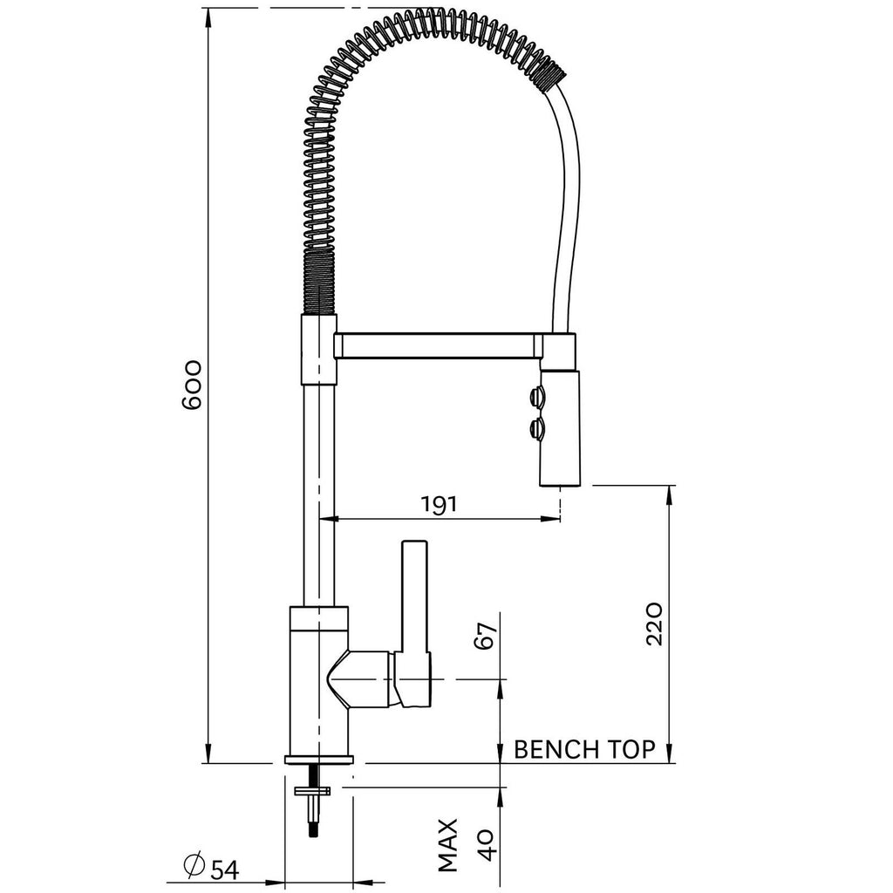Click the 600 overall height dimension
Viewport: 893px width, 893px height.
tap(192, 385)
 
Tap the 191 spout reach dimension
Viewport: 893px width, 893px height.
tap(439, 504)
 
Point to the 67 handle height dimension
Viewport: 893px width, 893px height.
tap(486, 635)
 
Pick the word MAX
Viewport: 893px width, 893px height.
tap(448, 845)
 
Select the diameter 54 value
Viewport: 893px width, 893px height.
tap(225, 869)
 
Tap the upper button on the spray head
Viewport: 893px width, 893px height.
tap(536, 396)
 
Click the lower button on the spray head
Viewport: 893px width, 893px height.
tap(536, 427)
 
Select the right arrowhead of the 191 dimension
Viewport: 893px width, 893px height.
tap(550, 518)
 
